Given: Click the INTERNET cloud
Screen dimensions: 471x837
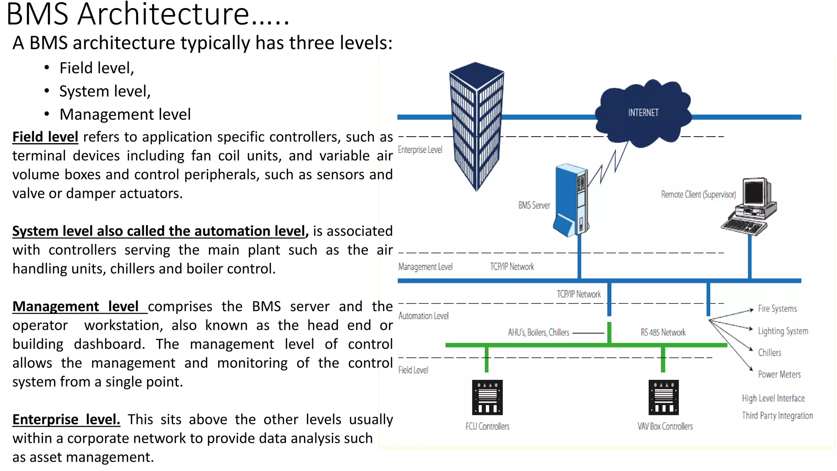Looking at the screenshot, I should pyautogui.click(x=643, y=113).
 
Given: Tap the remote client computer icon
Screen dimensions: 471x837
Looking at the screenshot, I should pyautogui.click(x=750, y=207).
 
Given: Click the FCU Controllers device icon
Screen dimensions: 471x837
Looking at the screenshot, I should pyautogui.click(x=487, y=397).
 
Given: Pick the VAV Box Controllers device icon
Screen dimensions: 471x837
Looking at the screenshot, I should pyautogui.click(x=664, y=397).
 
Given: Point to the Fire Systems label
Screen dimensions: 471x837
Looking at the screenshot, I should pyautogui.click(x=777, y=309).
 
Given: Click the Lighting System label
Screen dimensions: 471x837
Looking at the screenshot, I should pyautogui.click(x=783, y=331).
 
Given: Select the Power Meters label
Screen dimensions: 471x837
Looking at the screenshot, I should pyautogui.click(x=779, y=375).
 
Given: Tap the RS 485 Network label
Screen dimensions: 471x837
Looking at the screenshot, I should pyautogui.click(x=663, y=332).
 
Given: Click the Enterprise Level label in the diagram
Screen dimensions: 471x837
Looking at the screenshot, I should pyautogui.click(x=420, y=150).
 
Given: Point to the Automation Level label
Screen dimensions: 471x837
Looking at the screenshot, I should pyautogui.click(x=423, y=316).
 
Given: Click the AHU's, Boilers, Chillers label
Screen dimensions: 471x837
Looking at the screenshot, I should pyautogui.click(x=538, y=332).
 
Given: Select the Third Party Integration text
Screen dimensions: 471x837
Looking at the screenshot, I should pyautogui.click(x=777, y=416).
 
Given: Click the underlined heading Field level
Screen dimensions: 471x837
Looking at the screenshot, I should pyautogui.click(x=45, y=137).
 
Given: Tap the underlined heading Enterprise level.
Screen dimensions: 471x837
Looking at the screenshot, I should pyautogui.click(x=66, y=419).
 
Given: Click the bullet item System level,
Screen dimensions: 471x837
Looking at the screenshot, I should pyautogui.click(x=105, y=91).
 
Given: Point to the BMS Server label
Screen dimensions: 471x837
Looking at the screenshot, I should pyautogui.click(x=534, y=205).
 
